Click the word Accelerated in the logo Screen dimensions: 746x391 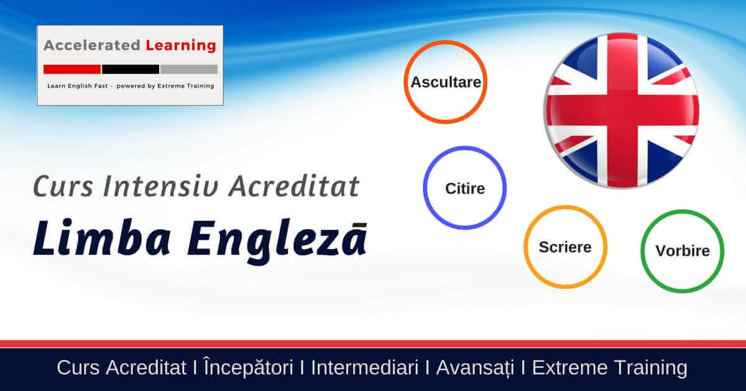(92, 45)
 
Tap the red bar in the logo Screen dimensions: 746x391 (72, 69)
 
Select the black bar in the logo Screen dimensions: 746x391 (131, 69)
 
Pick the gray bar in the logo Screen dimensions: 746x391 (189, 69)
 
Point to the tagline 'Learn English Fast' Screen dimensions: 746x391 (78, 86)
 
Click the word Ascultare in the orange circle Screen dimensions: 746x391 (446, 82)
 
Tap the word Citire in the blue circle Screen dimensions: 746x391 (465, 189)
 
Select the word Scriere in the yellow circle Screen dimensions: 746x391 (565, 247)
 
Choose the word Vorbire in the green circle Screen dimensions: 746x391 (683, 251)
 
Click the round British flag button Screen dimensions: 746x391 (622, 111)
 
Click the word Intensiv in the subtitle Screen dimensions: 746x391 (161, 186)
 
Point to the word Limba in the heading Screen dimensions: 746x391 (102, 238)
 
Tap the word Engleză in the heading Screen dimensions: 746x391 (277, 241)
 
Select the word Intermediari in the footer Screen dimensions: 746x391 (365, 367)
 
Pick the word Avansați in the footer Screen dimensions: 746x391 (475, 369)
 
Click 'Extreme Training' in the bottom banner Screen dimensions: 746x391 (610, 369)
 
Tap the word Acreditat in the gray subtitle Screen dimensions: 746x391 (294, 186)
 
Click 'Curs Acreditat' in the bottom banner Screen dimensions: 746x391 (122, 367)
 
